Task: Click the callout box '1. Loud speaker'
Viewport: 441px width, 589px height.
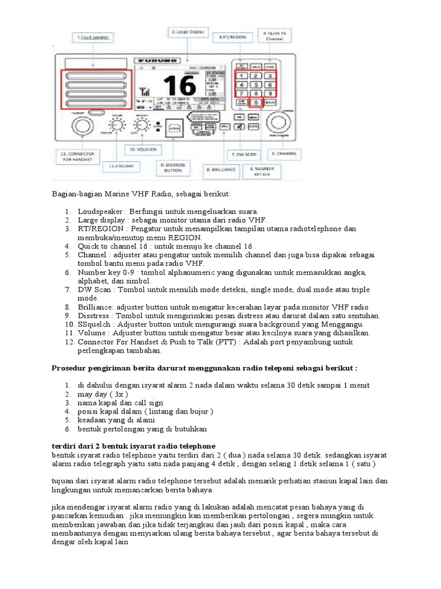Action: (92, 37)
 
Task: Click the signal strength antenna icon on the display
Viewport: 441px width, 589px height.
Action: (143, 92)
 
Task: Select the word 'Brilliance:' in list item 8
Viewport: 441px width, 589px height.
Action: (97, 307)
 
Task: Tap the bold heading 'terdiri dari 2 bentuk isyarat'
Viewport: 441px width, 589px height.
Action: (134, 446)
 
